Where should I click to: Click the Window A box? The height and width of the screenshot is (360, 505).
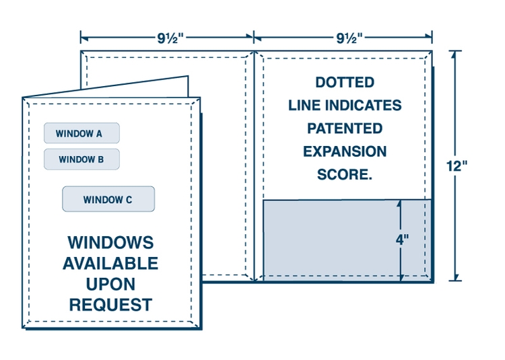[x=81, y=133]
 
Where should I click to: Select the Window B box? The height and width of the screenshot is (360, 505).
[x=81, y=159]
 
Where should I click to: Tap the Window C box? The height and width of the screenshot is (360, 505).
[x=108, y=199]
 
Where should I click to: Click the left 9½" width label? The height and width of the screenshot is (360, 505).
[x=166, y=38]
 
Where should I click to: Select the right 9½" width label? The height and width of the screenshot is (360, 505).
[x=343, y=38]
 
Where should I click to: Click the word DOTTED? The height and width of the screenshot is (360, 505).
[x=345, y=83]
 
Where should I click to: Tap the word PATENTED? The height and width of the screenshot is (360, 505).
[x=345, y=129]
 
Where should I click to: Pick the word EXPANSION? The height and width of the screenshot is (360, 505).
[x=345, y=151]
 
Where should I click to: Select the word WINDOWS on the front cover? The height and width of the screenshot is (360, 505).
[x=110, y=242]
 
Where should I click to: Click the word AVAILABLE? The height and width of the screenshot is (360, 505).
[x=110, y=263]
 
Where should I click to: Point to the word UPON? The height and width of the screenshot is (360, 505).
[x=110, y=283]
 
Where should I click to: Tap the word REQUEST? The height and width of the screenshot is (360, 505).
[x=110, y=304]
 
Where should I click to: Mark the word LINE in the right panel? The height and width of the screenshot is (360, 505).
[x=305, y=106]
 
